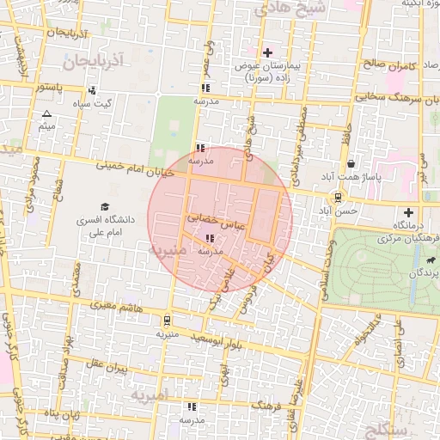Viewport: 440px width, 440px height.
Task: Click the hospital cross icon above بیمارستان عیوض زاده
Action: [x=267, y=52]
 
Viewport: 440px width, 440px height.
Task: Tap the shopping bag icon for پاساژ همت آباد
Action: [x=351, y=163]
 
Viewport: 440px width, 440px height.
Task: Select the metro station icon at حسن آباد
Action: [x=336, y=195]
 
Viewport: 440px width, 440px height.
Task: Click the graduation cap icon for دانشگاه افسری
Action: [x=105, y=207]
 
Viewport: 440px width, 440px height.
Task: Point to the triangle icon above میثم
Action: [x=46, y=113]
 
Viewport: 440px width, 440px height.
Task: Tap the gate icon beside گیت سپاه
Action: [x=79, y=89]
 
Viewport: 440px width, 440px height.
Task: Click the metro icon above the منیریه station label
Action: [x=166, y=320]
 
